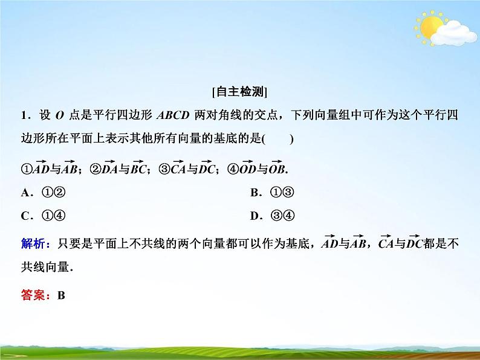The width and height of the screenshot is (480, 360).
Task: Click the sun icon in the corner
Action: pyautogui.click(x=431, y=28)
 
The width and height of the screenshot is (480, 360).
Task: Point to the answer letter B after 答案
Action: pyautogui.click(x=60, y=295)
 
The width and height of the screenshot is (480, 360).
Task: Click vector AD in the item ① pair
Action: pyautogui.click(x=40, y=169)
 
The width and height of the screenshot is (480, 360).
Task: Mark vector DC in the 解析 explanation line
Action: pyautogui.click(x=414, y=243)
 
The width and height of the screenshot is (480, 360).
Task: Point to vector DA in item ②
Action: pyautogui.click(x=109, y=169)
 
